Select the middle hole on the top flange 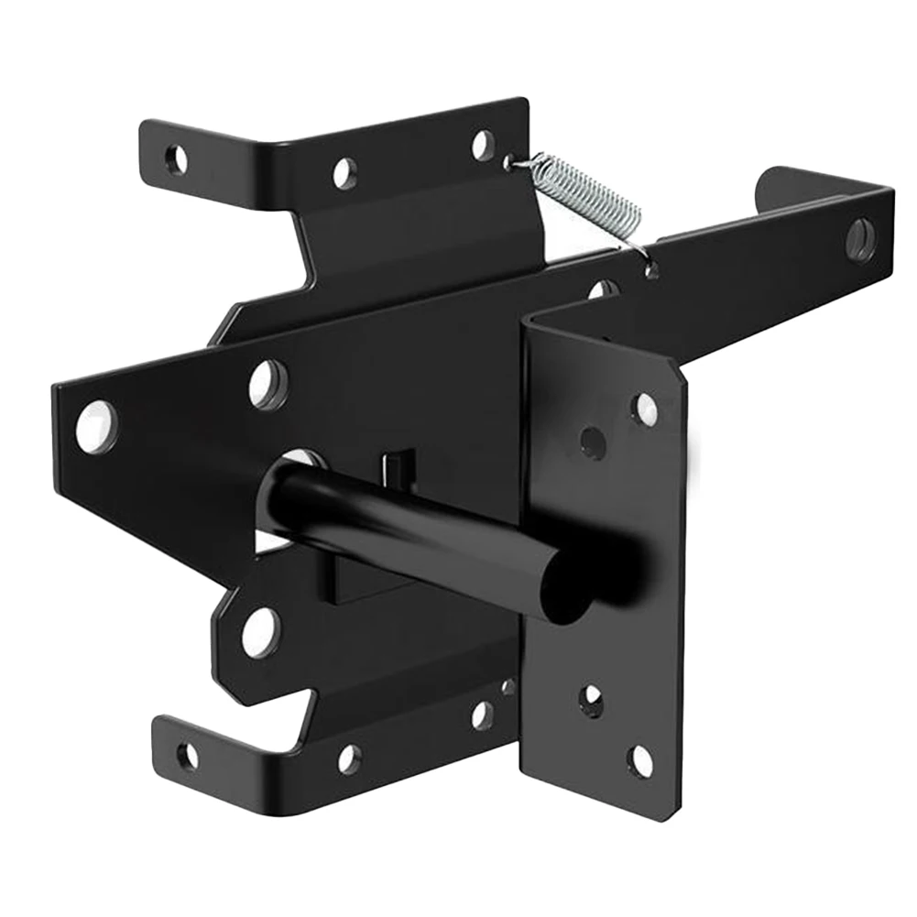[x=345, y=173]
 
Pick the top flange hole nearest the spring [x=484, y=145]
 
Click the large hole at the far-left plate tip [x=96, y=427]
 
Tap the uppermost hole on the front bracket [x=645, y=409]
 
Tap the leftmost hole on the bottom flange [x=188, y=756]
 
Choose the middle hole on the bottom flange [x=349, y=758]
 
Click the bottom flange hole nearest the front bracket [x=482, y=715]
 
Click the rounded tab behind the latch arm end [x=774, y=188]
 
